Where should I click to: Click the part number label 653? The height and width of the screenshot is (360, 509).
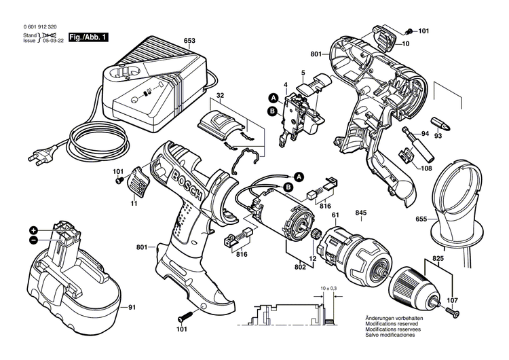(189, 40)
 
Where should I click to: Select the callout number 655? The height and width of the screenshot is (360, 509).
(421, 219)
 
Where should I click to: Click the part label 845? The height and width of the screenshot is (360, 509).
(362, 213)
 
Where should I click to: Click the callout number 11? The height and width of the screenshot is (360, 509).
(134, 204)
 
